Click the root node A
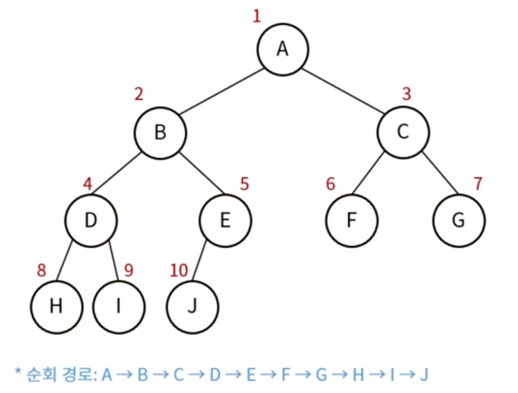283,49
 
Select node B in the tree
160,133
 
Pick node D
91,219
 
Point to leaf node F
351,219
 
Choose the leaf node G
458,219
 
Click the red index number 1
257,16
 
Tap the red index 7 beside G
478,183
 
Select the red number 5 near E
244,184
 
